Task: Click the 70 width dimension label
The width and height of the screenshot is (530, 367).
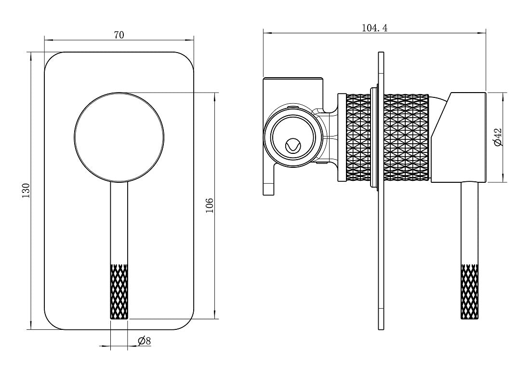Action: point(119,35)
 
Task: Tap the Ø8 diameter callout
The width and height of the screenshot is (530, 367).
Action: point(144,341)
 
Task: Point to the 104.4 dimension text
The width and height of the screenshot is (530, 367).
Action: point(374,28)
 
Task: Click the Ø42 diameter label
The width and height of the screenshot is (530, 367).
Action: point(498,137)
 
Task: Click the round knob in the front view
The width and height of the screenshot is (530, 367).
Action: point(119,137)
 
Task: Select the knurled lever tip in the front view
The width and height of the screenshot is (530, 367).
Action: point(119,292)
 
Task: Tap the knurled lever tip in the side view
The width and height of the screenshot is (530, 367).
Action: point(470,292)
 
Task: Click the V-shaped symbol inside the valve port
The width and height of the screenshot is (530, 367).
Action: point(292,146)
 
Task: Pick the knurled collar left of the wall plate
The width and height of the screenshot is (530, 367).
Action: point(358,137)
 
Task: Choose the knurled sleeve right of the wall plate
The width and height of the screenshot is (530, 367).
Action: point(406,137)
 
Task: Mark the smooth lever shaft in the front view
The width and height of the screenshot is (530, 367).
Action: point(119,222)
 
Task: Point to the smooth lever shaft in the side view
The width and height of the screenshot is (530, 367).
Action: point(470,222)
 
